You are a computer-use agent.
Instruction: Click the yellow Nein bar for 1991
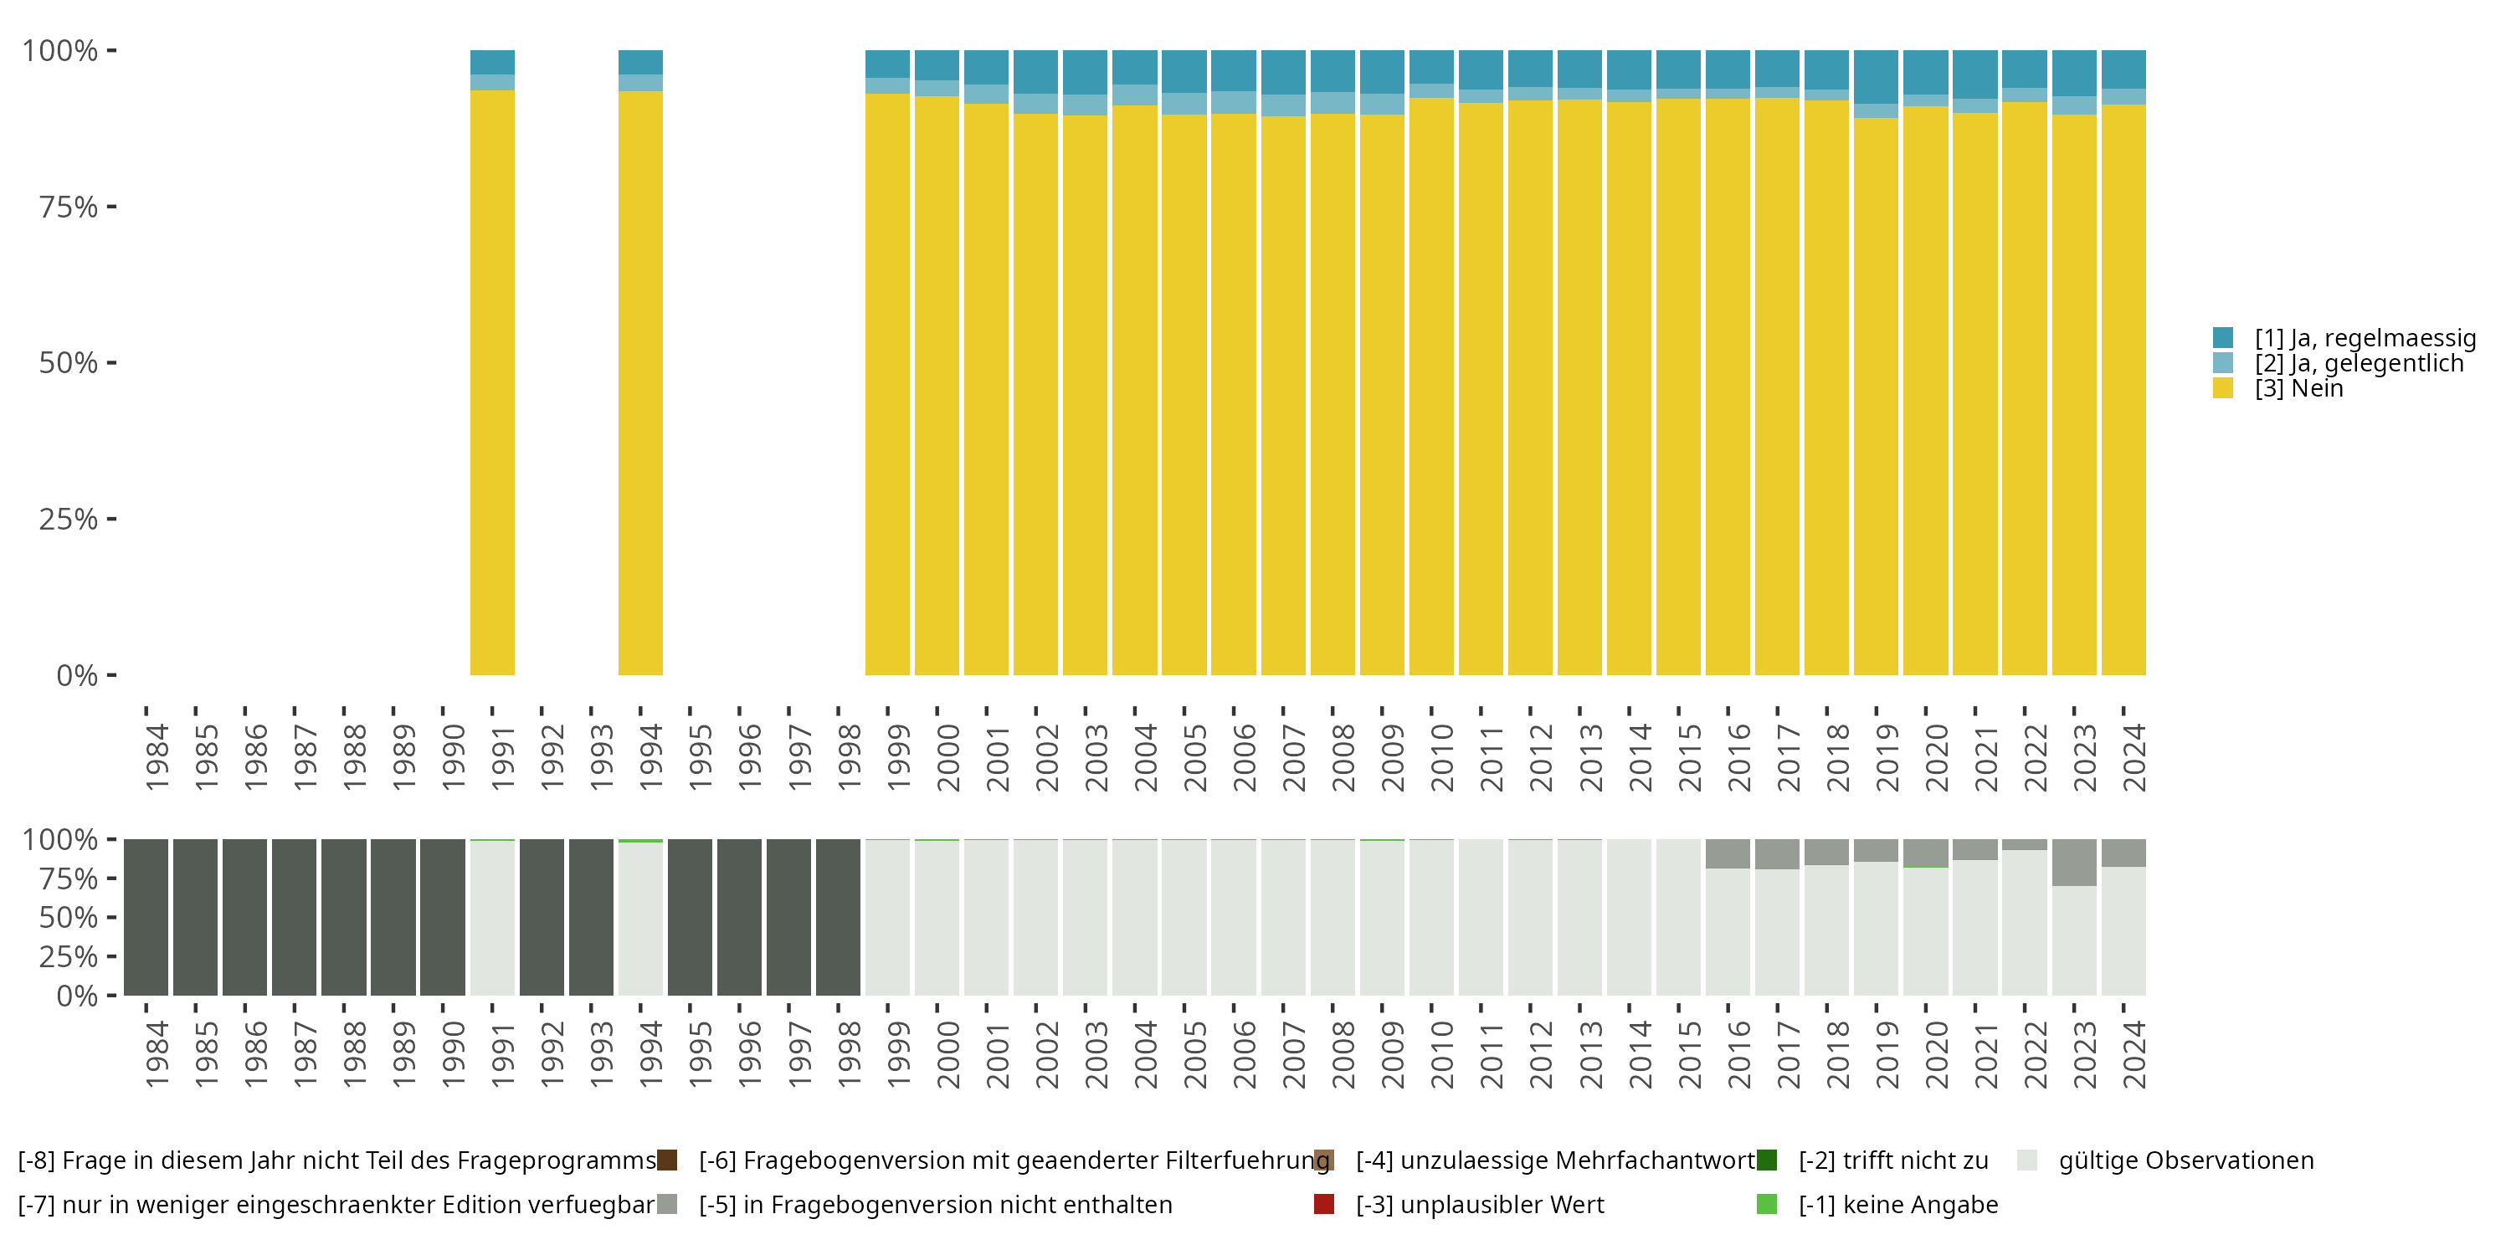(x=492, y=382)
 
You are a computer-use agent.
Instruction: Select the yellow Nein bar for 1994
(x=640, y=382)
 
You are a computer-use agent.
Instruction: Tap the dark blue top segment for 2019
(x=1876, y=76)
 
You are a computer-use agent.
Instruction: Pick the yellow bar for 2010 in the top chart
(x=1431, y=386)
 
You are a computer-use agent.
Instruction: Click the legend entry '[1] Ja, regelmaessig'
(x=2364, y=338)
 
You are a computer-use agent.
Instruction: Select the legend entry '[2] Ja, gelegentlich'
(x=2358, y=363)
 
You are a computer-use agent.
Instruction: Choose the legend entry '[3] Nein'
(x=2298, y=389)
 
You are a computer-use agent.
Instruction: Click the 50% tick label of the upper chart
(x=69, y=362)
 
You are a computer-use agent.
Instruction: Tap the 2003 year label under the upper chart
(x=1096, y=757)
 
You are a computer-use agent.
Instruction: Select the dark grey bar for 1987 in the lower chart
(x=295, y=917)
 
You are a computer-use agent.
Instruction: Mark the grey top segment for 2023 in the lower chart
(x=2073, y=863)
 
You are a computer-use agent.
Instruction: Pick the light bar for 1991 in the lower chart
(x=492, y=918)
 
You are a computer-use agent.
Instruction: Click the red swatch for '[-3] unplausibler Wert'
(x=1324, y=1204)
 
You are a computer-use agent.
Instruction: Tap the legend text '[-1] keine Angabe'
(x=1897, y=1204)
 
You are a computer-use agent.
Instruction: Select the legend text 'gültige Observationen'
(x=2185, y=1160)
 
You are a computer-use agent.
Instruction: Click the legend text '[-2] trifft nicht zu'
(x=1893, y=1160)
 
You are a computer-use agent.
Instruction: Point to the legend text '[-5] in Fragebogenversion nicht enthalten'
(x=935, y=1204)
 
